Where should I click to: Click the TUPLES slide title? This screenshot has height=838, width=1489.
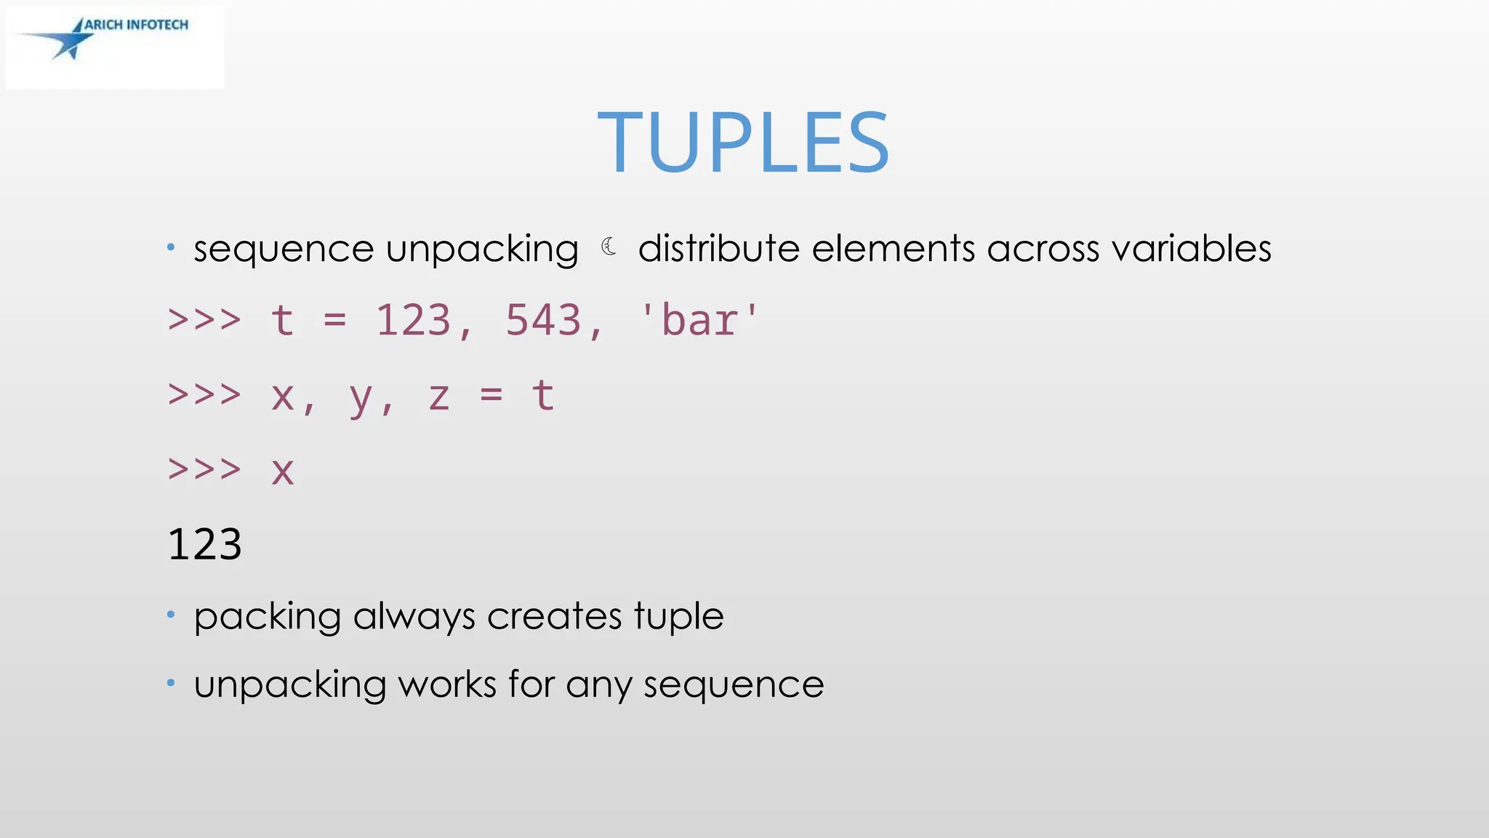tap(743, 143)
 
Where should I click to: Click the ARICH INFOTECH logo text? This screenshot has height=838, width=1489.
tap(136, 25)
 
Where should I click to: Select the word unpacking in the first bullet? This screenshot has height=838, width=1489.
tap(482, 250)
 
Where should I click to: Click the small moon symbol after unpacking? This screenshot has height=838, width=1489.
tap(609, 247)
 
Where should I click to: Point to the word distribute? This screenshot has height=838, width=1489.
tap(718, 248)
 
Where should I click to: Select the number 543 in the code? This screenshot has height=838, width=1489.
tap(543, 320)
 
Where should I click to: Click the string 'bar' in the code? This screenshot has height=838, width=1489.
tap(699, 320)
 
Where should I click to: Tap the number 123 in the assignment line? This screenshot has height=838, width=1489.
tap(413, 320)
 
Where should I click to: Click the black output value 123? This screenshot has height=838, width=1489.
tap(204, 544)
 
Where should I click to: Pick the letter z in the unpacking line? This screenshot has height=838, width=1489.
tap(438, 396)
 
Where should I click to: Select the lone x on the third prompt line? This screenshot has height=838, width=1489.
tap(283, 471)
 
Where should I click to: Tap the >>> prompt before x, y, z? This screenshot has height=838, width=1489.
tap(204, 395)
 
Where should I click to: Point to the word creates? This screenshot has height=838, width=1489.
tap(554, 616)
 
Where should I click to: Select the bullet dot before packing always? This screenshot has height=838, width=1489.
tap(171, 615)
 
